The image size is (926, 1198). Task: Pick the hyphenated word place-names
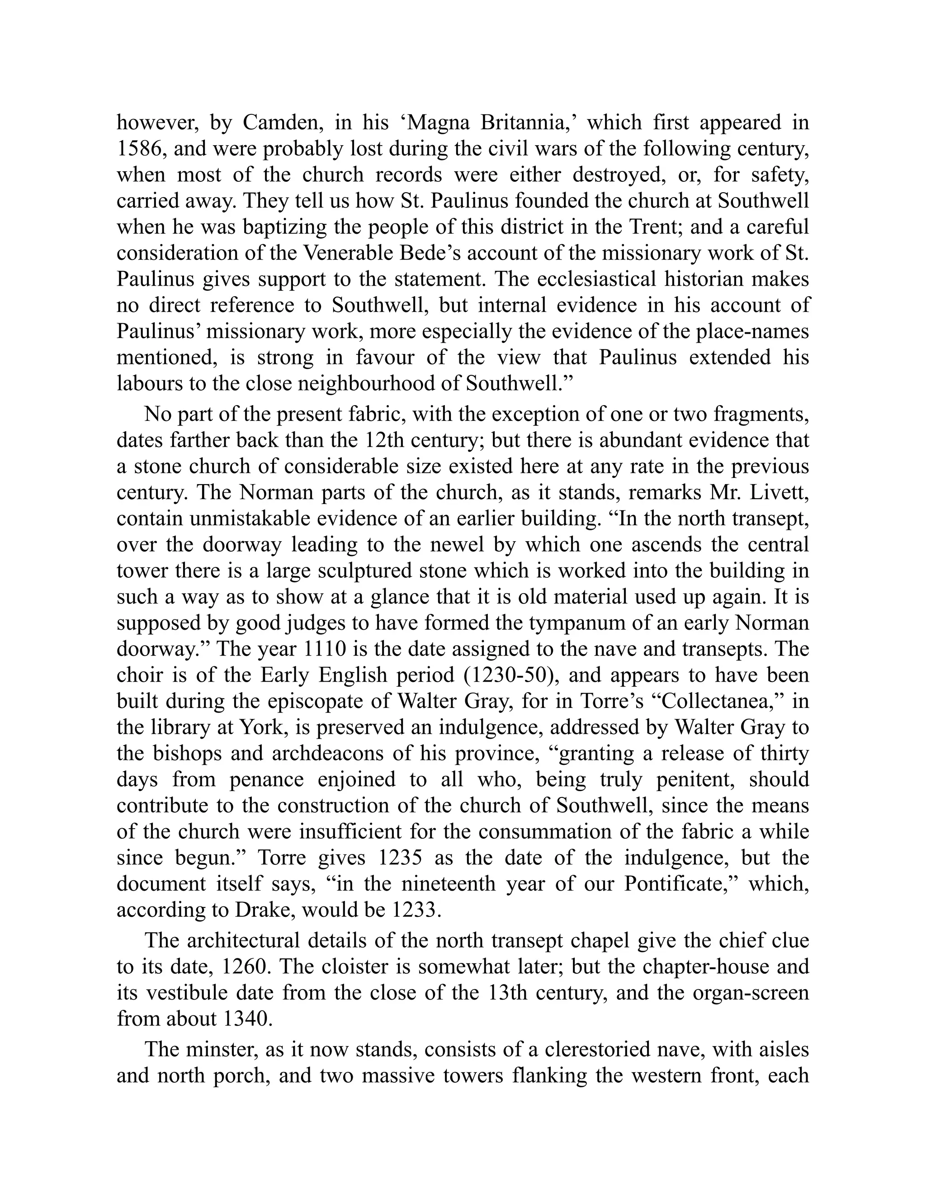(751, 331)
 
